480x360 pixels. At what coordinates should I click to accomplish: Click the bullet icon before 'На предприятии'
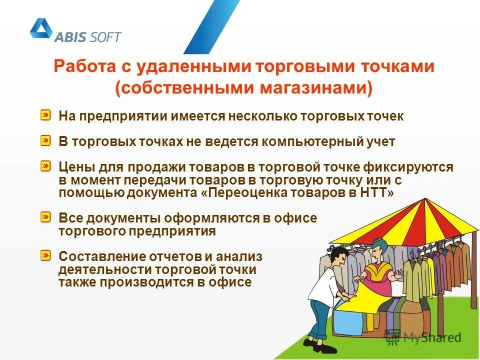pyautogui.click(x=45, y=115)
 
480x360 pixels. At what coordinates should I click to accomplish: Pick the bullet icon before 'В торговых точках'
pyautogui.click(x=45, y=140)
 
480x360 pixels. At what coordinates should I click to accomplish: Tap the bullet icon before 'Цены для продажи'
pyautogui.click(x=45, y=165)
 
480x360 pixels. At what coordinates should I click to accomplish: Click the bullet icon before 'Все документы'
pyautogui.click(x=45, y=217)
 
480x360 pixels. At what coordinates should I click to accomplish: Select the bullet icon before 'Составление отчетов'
pyautogui.click(x=45, y=255)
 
